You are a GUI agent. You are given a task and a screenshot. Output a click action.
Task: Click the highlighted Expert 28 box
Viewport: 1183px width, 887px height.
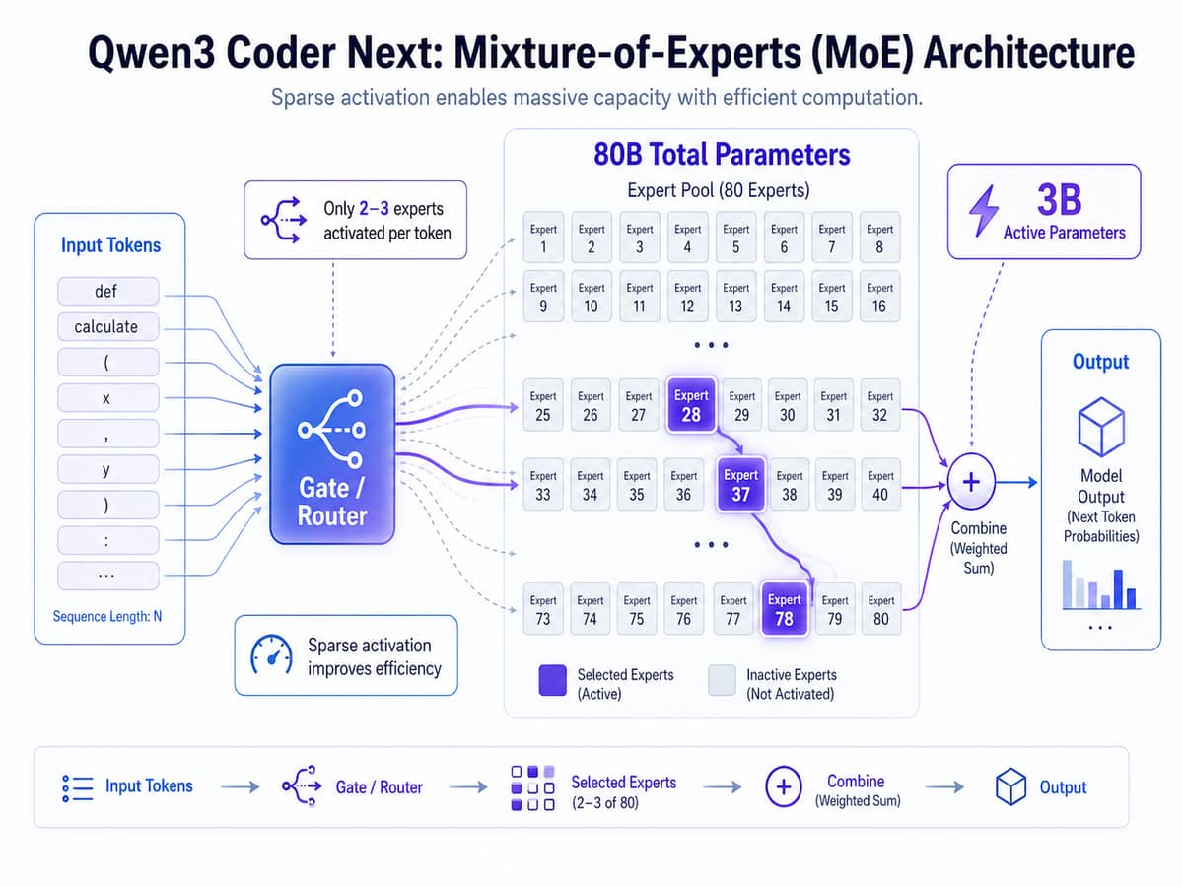[691, 405]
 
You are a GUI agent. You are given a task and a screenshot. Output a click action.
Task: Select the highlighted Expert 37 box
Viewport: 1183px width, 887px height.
[740, 484]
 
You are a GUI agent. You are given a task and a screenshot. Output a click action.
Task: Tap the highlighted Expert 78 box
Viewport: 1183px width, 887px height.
[785, 609]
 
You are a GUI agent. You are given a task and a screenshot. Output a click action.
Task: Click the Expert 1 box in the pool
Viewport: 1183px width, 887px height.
[543, 238]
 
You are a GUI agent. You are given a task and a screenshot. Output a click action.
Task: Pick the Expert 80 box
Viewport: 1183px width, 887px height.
[880, 609]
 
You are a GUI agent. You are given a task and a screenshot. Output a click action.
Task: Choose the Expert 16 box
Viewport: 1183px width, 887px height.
[879, 297]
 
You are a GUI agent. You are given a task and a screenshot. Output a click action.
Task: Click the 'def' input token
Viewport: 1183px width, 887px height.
[107, 291]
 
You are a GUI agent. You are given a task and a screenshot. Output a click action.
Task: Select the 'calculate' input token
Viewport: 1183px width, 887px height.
[107, 326]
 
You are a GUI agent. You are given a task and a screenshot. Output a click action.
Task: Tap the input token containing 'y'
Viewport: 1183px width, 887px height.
[107, 469]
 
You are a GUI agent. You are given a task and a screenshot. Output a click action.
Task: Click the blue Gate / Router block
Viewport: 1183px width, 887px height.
[332, 453]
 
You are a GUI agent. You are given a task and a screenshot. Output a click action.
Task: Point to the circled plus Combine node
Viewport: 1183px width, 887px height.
[971, 483]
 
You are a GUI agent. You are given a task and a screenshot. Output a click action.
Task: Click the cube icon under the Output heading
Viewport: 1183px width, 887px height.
[1101, 424]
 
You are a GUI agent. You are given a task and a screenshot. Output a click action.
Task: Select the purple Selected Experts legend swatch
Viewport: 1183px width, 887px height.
[553, 681]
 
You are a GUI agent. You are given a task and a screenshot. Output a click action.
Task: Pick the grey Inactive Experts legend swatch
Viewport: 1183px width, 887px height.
[722, 681]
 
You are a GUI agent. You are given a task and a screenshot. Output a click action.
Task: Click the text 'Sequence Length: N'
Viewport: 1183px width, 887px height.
[107, 617]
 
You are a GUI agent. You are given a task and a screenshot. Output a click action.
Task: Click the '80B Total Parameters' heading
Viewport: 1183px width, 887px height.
[722, 155]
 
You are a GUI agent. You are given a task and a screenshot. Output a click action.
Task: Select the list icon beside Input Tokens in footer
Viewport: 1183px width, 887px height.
[76, 786]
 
